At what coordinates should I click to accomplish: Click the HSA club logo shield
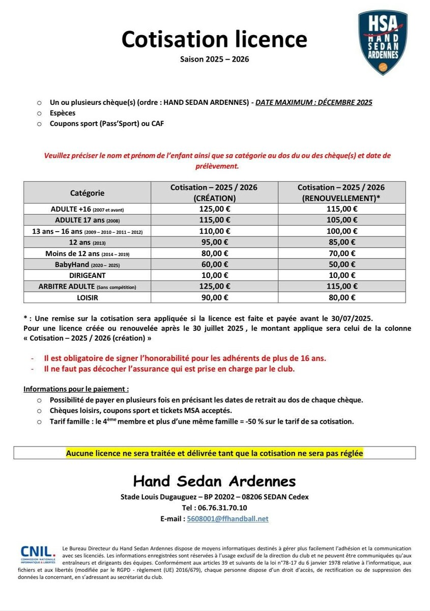[x=383, y=42]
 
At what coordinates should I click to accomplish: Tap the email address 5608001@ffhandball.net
[x=227, y=518]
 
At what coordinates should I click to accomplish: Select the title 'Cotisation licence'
[x=214, y=39]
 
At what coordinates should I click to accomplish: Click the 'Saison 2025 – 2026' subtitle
[x=214, y=59]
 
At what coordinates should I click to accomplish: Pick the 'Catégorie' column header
[x=87, y=193]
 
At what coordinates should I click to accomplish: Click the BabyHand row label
[x=87, y=264]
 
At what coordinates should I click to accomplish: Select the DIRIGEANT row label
[x=87, y=275]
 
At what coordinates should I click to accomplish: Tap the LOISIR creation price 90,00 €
[x=214, y=297]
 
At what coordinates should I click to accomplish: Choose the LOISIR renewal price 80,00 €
[x=341, y=297]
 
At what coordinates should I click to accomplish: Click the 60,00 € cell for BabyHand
[x=214, y=264]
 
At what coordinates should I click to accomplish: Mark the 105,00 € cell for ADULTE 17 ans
[x=341, y=220]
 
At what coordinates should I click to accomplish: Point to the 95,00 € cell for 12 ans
[x=214, y=242]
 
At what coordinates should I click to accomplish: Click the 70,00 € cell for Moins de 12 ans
[x=341, y=253]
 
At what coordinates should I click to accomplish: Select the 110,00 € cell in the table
[x=214, y=231]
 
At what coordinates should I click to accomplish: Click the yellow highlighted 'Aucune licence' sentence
[x=214, y=453]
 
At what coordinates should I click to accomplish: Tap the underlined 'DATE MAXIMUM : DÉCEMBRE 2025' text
[x=313, y=102]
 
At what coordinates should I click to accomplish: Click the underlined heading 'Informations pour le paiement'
[x=73, y=390]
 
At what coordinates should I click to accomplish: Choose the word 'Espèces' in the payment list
[x=63, y=113]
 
